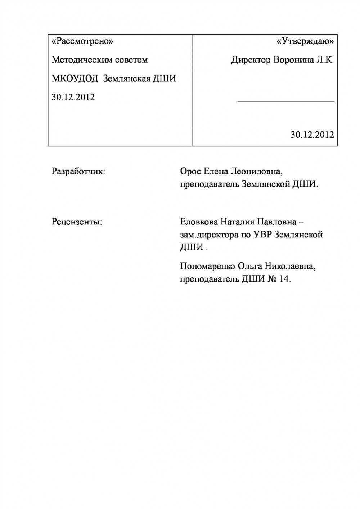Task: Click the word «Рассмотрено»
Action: point(82,41)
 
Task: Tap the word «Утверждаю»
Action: point(305,41)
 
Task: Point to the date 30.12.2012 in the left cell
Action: point(73,97)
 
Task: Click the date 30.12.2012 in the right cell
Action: point(312,135)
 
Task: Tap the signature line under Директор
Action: point(286,102)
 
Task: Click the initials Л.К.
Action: point(325,60)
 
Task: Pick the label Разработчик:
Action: point(78,171)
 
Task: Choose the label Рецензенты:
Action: point(77,222)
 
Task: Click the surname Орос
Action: point(191,171)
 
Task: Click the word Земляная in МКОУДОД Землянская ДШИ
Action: point(126,78)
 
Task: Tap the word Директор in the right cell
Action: point(251,60)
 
